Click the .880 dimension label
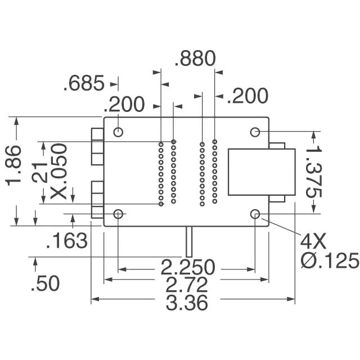pyautogui.click(x=195, y=58)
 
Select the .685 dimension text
pyautogui.click(x=84, y=83)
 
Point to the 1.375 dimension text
pyautogui.click(x=314, y=172)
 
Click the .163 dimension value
pyautogui.click(x=67, y=241)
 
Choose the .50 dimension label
pyautogui.click(x=45, y=283)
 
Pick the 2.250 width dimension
pyautogui.click(x=188, y=267)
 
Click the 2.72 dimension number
pyautogui.click(x=187, y=285)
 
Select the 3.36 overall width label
pyautogui.click(x=187, y=303)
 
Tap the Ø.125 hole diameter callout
pyautogui.click(x=330, y=260)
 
